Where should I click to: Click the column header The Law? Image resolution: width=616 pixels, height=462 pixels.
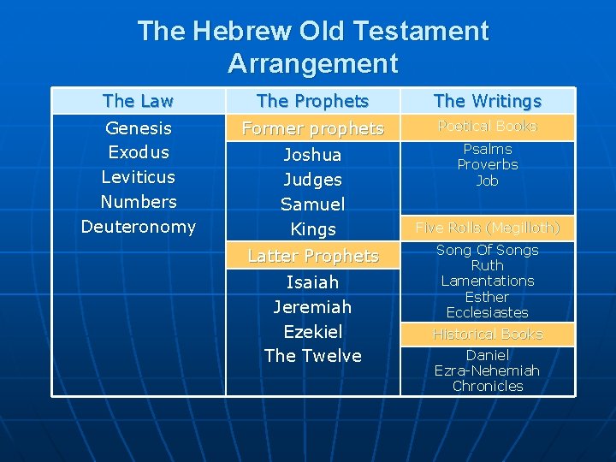coord(138,101)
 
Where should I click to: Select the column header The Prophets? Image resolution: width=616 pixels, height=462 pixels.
coord(312,101)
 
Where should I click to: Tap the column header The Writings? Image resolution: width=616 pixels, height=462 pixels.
coord(488,101)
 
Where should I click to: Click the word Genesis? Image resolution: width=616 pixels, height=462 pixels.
coord(138,128)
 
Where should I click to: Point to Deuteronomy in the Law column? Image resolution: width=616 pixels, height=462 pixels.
coord(138,227)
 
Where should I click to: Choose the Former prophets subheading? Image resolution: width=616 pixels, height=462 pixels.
coord(312,128)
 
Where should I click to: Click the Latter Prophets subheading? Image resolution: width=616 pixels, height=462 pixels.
coord(312,256)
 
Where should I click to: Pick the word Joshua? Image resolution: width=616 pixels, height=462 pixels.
coord(312,155)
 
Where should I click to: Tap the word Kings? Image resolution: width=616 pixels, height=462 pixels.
coord(312,229)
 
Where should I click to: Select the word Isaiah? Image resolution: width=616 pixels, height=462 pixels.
coord(312,282)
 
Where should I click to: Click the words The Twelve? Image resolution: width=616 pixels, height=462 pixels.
coord(312,355)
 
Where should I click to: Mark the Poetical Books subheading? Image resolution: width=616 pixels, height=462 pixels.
coord(488,127)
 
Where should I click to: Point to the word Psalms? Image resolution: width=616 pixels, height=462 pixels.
coord(488,149)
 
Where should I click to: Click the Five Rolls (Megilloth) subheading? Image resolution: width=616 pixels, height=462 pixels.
coord(488,228)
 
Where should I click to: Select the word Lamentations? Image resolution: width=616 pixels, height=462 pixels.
coord(488,281)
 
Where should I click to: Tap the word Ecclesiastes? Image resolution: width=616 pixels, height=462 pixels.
coord(488,312)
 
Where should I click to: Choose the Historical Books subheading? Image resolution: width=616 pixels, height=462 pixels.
coord(488,334)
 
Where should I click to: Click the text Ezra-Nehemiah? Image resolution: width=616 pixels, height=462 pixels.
coord(488,370)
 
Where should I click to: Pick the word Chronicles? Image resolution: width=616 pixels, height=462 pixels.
coord(488,386)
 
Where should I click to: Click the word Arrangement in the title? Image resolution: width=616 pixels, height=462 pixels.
coord(312,63)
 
